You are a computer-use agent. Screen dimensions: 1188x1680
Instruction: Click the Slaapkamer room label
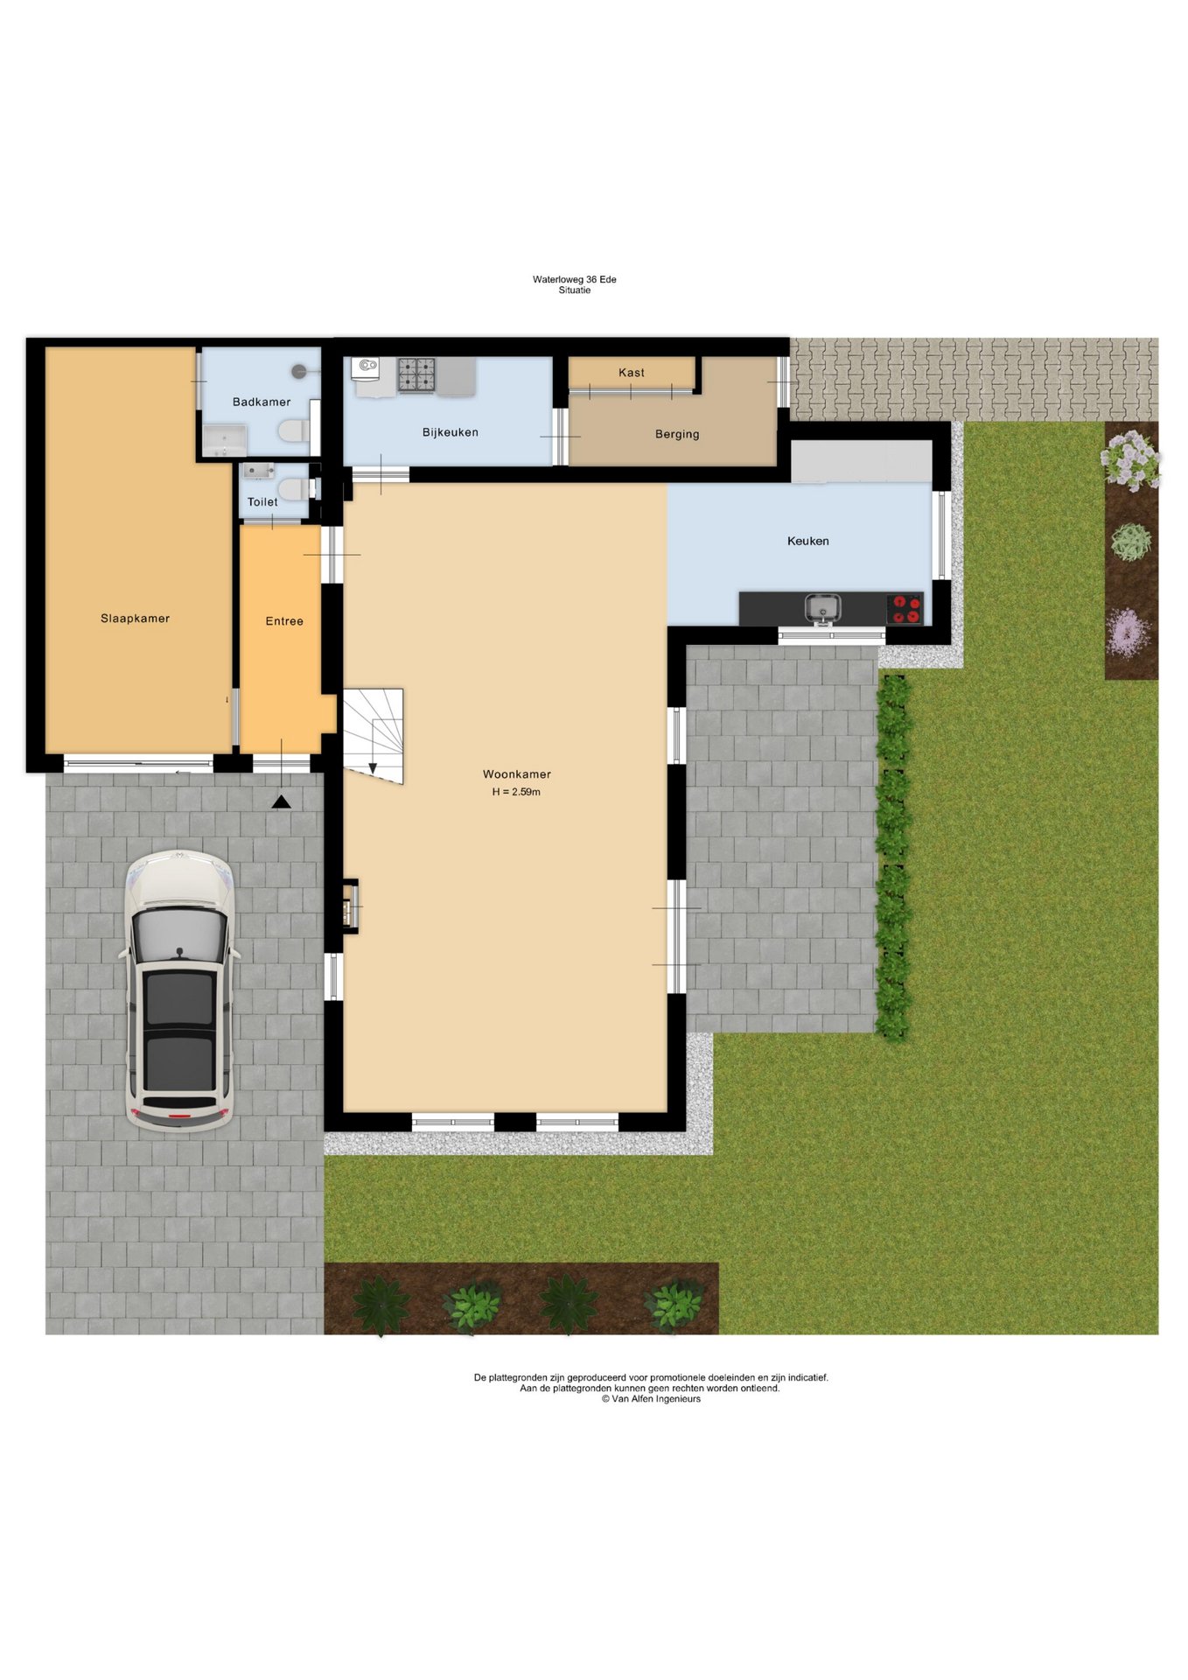(135, 619)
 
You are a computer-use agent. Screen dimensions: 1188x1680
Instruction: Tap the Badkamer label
(262, 402)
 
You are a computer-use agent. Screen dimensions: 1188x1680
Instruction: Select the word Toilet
(262, 502)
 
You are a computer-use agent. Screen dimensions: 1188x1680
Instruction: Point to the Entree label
(284, 621)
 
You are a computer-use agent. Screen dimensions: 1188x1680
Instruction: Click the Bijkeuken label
(451, 432)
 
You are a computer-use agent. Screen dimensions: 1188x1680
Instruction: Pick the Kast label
(632, 373)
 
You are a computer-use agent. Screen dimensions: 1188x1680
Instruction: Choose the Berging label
(677, 434)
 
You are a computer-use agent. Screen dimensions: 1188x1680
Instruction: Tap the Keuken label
(808, 541)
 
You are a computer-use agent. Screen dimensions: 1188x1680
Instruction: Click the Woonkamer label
(517, 774)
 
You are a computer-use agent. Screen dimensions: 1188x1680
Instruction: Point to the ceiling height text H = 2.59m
(516, 792)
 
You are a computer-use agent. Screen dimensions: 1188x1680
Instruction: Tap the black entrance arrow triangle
(282, 801)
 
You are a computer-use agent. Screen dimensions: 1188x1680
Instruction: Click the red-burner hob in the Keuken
(905, 608)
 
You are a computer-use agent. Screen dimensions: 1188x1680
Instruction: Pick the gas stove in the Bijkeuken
(416, 374)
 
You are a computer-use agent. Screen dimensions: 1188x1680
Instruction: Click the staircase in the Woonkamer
(373, 736)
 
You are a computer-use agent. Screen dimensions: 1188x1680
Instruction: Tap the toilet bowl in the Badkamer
(293, 430)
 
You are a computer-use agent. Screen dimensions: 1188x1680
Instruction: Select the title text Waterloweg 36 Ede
(575, 280)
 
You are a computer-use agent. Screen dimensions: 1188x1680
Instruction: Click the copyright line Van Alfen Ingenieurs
(651, 1398)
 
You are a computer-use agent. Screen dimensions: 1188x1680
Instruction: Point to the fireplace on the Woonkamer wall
(351, 905)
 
